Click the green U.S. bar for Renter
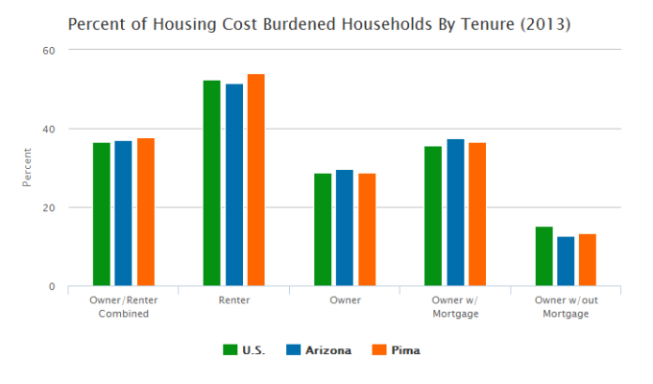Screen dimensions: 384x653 coord(211,183)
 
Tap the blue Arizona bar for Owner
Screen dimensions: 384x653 coord(344,228)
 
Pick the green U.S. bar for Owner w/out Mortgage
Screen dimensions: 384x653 coord(544,256)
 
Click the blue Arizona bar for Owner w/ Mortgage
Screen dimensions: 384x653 coord(455,213)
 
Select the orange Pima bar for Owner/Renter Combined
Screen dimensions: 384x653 coord(145,212)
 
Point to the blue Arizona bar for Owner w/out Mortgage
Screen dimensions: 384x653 coord(566,261)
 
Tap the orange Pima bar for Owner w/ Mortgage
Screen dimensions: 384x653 coord(477,214)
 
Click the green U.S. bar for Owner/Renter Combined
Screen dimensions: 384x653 coord(101,214)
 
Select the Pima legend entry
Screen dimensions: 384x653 coord(396,350)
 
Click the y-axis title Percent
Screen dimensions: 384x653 coord(29,167)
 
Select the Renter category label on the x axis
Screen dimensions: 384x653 coord(233,300)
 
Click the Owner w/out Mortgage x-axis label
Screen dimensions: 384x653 coord(566,307)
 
